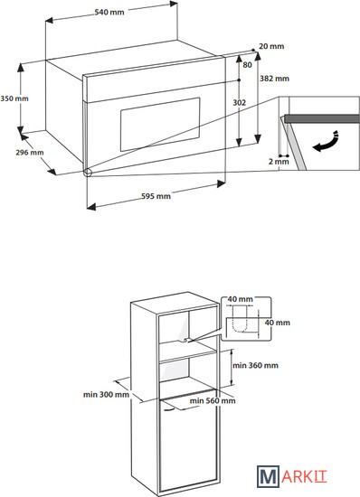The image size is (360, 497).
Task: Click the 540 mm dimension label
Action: (109, 12)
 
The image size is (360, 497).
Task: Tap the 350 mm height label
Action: (14, 98)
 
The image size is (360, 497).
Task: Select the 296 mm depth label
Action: (30, 153)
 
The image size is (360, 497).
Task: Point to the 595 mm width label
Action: (156, 196)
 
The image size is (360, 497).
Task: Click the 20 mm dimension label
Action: (271, 46)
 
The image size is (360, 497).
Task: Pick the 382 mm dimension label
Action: (274, 79)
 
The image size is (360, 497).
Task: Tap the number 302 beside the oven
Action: (240, 103)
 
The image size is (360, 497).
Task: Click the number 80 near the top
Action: (248, 65)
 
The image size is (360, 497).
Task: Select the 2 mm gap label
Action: (279, 162)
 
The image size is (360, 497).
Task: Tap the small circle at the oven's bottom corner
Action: (87, 173)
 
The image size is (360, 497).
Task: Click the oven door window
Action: (160, 124)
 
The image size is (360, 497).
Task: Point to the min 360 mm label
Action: (255, 365)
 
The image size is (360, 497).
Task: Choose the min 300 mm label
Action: (106, 395)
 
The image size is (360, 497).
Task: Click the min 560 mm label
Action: (213, 400)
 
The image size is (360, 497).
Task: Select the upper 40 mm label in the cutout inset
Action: (240, 299)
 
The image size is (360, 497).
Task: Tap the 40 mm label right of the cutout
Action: (278, 323)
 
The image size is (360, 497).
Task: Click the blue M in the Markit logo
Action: (268, 476)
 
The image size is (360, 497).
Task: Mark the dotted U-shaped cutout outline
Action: (240, 327)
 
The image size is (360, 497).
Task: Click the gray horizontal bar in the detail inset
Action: (322, 119)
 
